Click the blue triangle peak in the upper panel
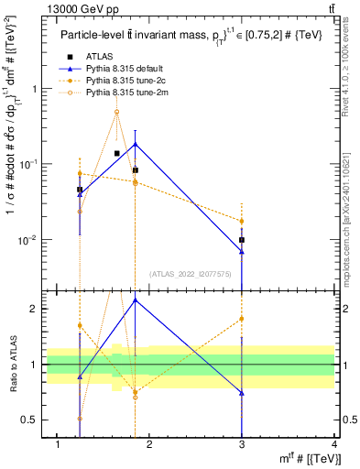click(136, 144)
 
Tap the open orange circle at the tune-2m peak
click(117, 112)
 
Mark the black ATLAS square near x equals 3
click(242, 240)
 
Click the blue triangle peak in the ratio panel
click(136, 300)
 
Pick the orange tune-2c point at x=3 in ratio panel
click(242, 319)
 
